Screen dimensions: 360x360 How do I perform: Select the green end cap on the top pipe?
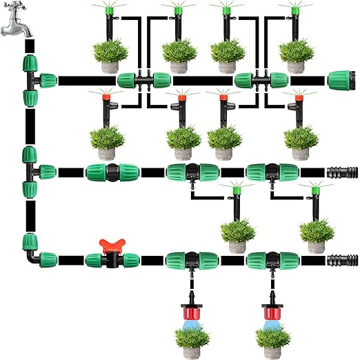tap(341, 80)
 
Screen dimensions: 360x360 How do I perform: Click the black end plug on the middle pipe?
tap(341, 172)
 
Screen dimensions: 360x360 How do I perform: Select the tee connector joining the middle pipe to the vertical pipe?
tap(34, 171)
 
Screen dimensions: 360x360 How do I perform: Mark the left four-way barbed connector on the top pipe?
tap(143, 81)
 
